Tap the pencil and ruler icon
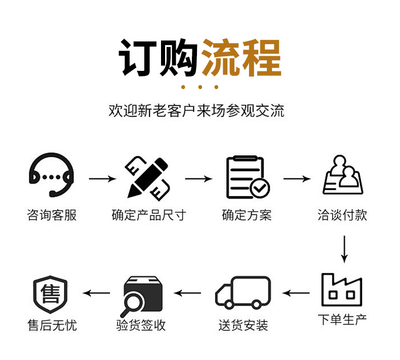tap(147, 177)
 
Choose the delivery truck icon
tap(243, 292)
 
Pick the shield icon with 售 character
tap(50, 294)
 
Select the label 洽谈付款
tap(342, 215)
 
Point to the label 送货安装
tap(243, 325)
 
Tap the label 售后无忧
tap(52, 325)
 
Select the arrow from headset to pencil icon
tap(102, 179)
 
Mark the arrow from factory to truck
tap(296, 293)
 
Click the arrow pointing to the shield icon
tap(96, 293)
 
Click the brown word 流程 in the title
tap(241, 57)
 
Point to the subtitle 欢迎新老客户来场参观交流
tap(196, 110)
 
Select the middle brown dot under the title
tap(200, 87)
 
